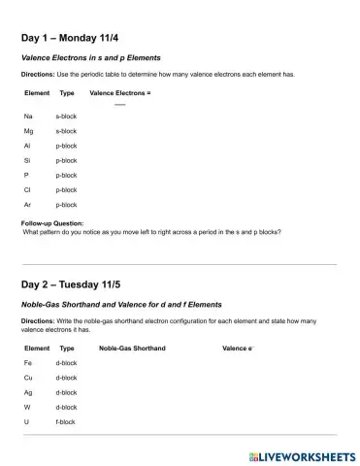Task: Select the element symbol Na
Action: tap(28, 116)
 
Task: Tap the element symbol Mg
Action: tap(29, 130)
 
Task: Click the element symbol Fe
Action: tap(28, 362)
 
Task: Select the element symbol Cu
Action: tap(28, 377)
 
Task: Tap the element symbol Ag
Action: tap(28, 392)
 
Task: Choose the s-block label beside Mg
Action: tap(66, 130)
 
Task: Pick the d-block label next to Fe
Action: tap(66, 362)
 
